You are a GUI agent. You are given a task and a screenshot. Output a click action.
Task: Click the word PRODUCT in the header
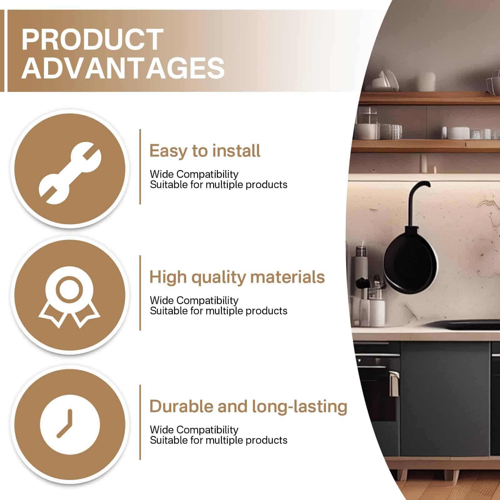pos(92,39)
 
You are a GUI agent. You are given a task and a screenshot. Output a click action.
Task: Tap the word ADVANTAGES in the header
pos(123,68)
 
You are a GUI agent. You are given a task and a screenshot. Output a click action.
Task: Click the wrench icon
pos(70,173)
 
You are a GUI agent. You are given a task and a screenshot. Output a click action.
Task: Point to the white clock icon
pos(70,425)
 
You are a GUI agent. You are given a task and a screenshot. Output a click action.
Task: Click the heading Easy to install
pos(205,151)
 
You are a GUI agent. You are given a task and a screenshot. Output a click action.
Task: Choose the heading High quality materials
pos(237,277)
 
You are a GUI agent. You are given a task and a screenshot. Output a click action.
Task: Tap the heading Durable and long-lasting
pos(248,407)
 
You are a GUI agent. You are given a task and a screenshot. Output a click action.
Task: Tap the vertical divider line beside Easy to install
pos(140,167)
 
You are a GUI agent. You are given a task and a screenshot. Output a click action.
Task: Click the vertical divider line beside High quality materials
pos(140,293)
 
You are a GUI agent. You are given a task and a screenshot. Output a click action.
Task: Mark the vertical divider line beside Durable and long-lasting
pos(140,422)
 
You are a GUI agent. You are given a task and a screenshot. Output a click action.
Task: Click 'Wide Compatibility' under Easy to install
pos(194,174)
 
